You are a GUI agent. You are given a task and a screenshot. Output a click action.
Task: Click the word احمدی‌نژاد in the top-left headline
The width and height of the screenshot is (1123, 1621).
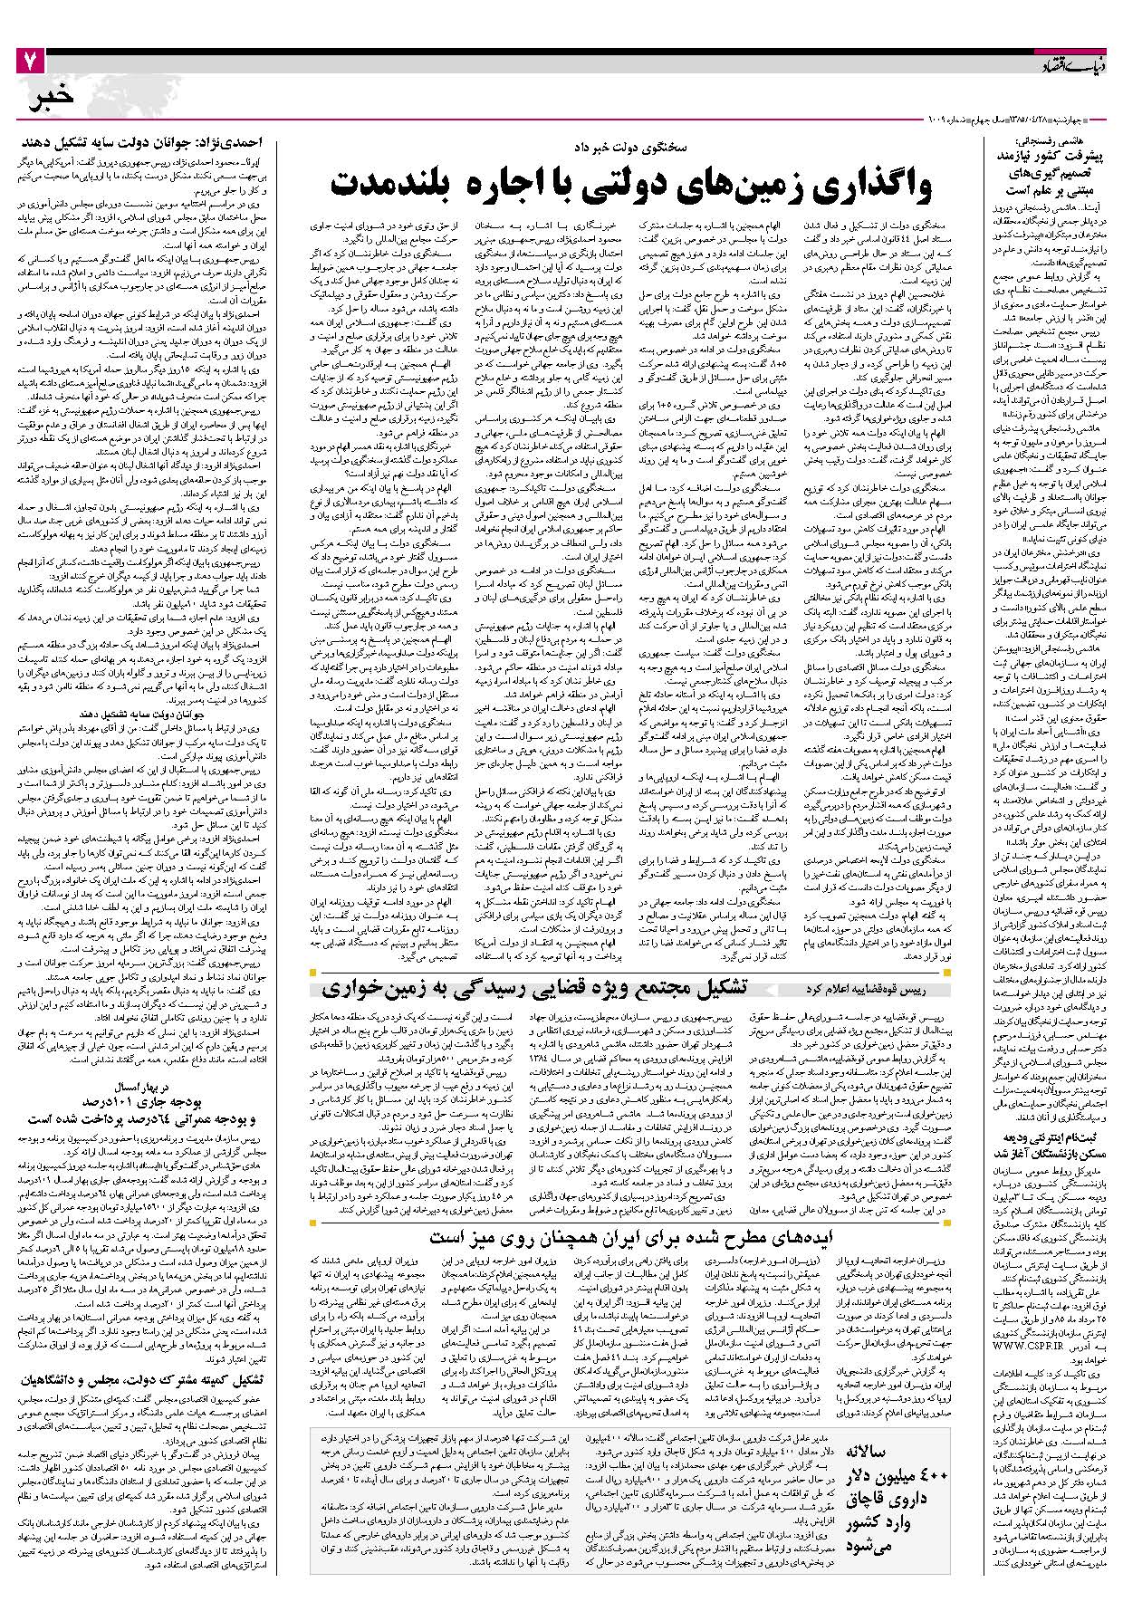point(231,143)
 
